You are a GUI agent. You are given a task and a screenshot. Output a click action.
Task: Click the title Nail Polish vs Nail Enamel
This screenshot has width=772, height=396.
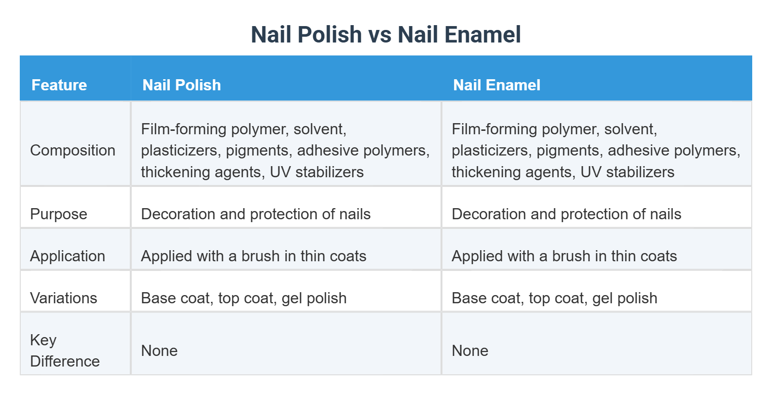click(x=386, y=35)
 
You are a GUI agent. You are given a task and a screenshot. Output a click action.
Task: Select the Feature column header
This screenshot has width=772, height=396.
click(x=59, y=85)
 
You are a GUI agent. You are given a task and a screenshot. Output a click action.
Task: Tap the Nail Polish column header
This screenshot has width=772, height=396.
click(x=181, y=85)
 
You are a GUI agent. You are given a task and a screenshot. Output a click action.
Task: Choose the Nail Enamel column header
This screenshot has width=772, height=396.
click(x=496, y=85)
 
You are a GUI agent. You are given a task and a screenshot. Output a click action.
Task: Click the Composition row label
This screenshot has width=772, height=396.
click(x=72, y=150)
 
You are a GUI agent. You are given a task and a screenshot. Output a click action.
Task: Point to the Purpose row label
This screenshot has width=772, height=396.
click(x=58, y=214)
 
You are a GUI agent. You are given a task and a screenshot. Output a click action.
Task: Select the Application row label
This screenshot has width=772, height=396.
click(x=67, y=256)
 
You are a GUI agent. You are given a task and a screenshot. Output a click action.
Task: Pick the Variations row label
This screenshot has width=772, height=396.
click(x=63, y=298)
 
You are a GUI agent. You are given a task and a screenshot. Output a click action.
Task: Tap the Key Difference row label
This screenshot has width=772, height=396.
click(x=64, y=351)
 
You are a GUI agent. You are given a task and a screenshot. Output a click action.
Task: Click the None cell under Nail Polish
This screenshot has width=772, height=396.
click(x=159, y=351)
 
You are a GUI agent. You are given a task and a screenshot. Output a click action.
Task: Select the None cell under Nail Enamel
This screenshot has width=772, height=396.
click(x=470, y=351)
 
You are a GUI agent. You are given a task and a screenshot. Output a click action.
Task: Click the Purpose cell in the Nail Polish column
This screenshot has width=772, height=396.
click(x=256, y=214)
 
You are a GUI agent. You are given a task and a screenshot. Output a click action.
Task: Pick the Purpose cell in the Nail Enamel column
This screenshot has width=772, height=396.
click(x=566, y=214)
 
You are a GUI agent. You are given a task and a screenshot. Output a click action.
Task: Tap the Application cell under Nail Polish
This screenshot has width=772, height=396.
click(x=253, y=256)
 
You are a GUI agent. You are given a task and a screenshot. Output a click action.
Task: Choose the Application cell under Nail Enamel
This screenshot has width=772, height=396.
click(x=564, y=256)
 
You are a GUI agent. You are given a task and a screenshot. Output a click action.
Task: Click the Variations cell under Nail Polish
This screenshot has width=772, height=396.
click(x=244, y=298)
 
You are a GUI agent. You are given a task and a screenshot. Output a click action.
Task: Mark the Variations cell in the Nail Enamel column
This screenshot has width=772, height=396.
click(x=554, y=298)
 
